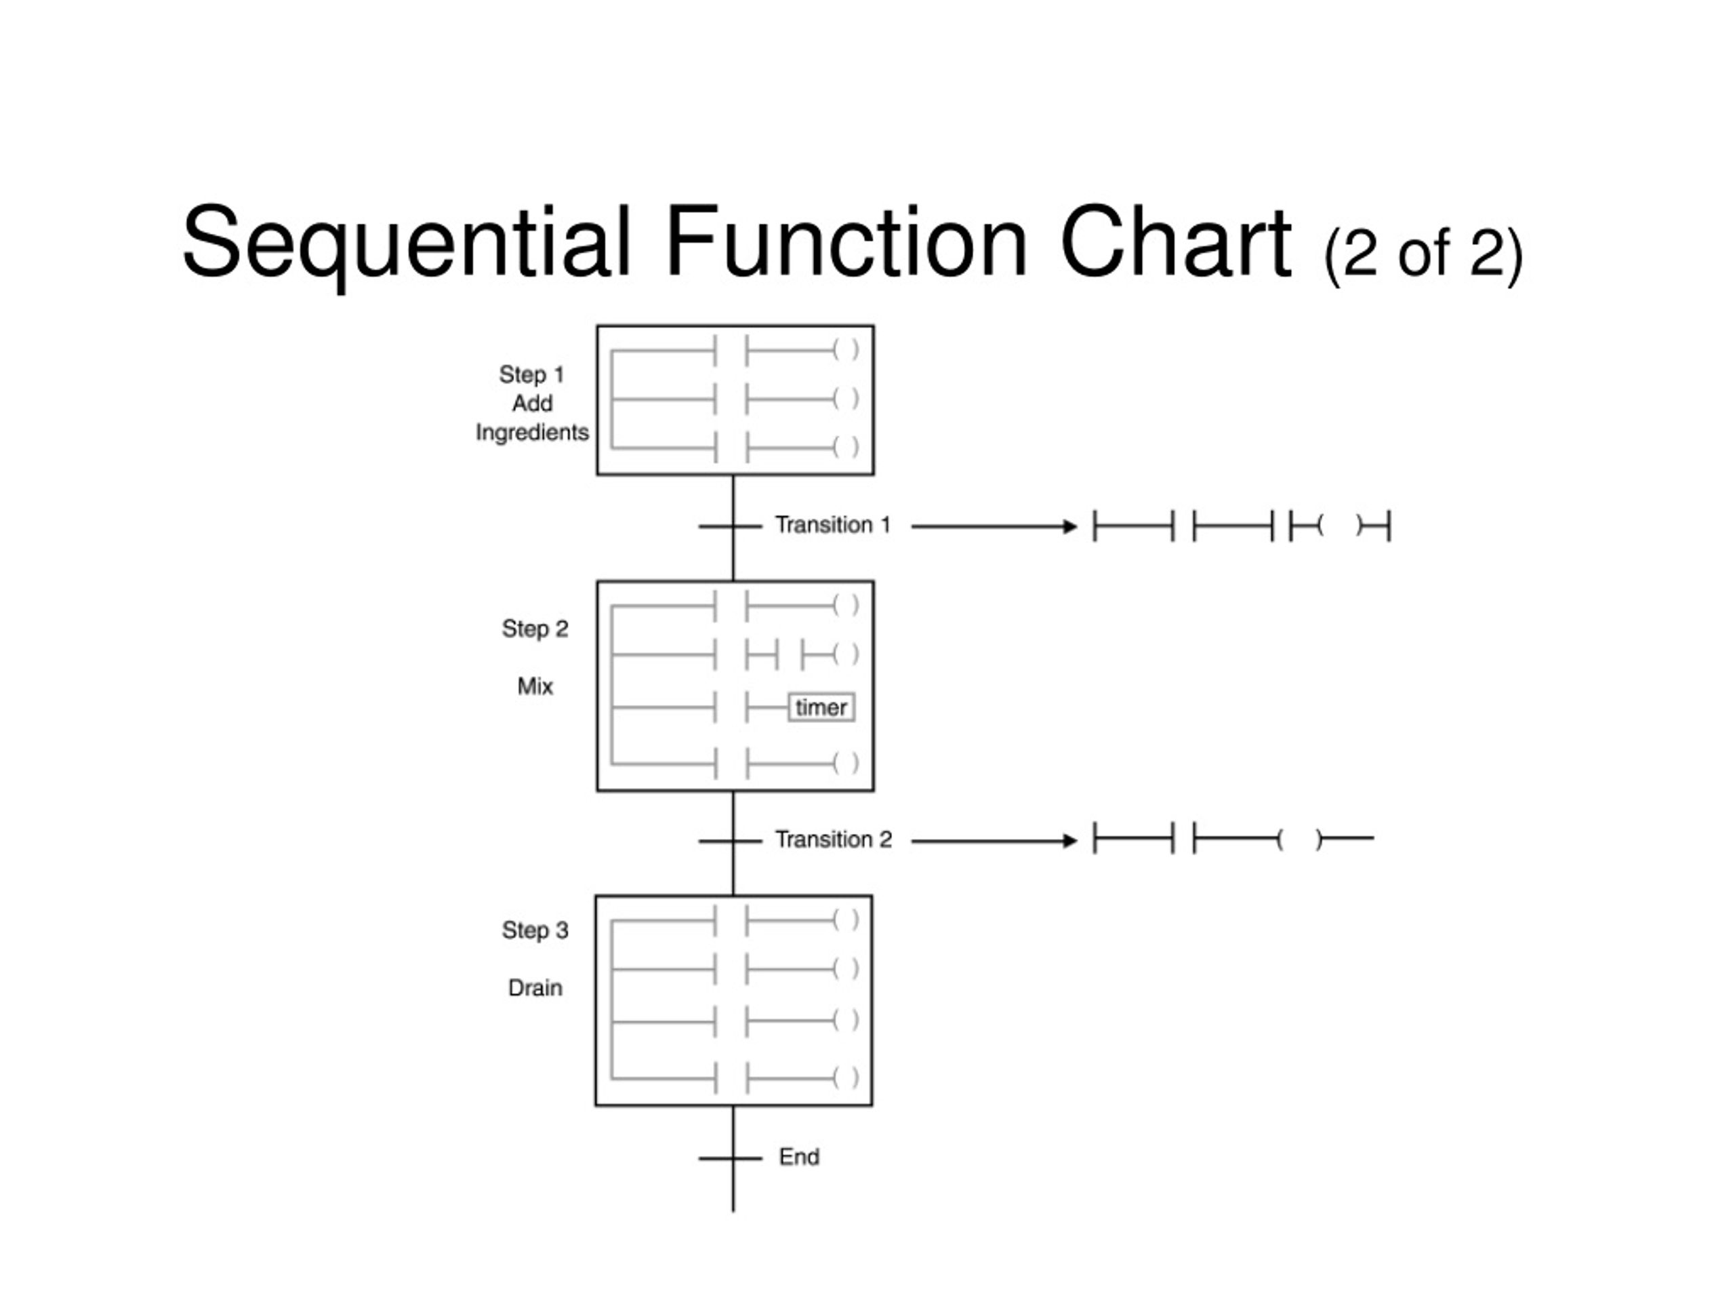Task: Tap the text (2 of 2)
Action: (x=1423, y=254)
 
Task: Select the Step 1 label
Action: (x=532, y=374)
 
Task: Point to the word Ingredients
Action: (x=532, y=433)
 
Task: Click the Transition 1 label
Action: (x=833, y=525)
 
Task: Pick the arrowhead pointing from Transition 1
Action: (x=1070, y=527)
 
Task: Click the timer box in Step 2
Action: (x=821, y=707)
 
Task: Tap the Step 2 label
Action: (x=535, y=629)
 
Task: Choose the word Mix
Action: (x=535, y=687)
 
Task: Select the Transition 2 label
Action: (x=834, y=840)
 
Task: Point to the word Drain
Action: (x=535, y=988)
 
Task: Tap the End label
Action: (x=799, y=1157)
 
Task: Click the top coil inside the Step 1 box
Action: (x=846, y=349)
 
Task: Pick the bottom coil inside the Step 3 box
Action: (x=846, y=1078)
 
